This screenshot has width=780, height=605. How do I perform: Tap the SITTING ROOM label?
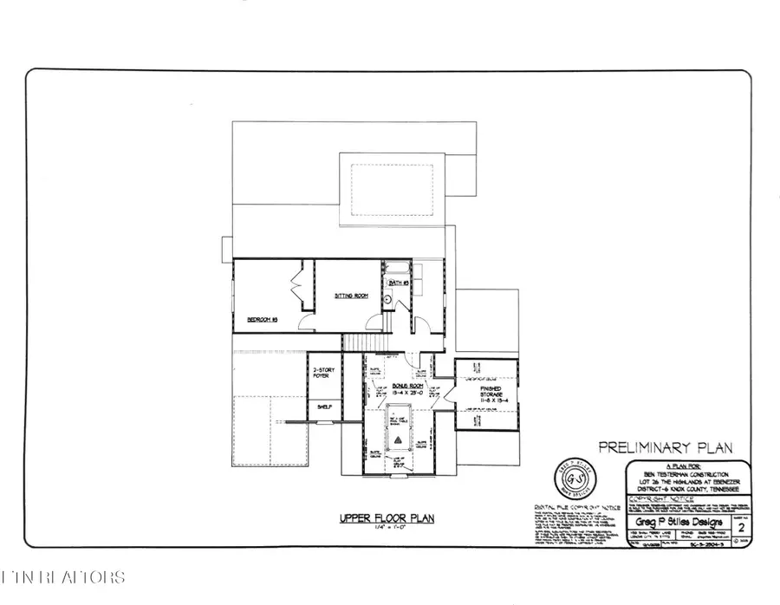point(351,296)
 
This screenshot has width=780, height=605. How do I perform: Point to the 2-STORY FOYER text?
point(323,373)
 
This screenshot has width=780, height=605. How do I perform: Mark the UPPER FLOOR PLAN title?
point(387,519)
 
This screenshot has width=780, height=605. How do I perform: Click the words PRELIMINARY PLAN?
point(666,447)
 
